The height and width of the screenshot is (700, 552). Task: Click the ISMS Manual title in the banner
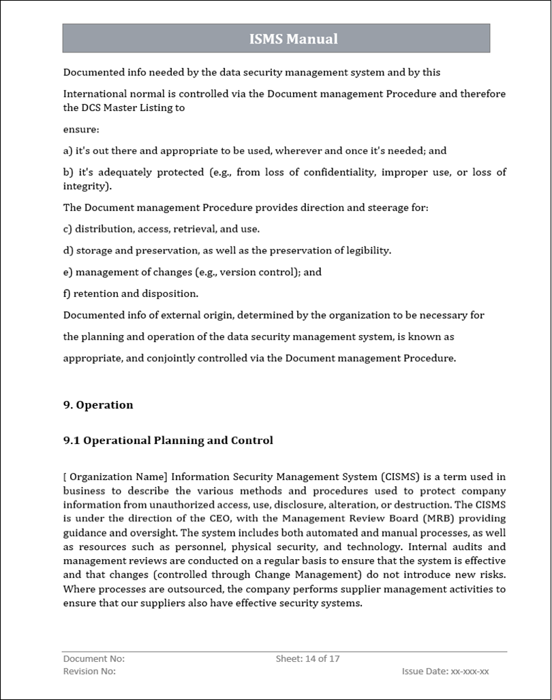(x=293, y=39)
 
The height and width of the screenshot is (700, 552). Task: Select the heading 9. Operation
(x=98, y=405)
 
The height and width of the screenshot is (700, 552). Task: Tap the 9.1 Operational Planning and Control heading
(x=168, y=441)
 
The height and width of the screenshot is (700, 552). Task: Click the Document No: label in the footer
(x=94, y=658)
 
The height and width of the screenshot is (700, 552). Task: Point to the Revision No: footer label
(x=89, y=671)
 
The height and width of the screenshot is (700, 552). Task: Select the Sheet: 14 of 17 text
(x=307, y=658)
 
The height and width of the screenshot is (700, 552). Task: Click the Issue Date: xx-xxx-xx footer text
(x=445, y=671)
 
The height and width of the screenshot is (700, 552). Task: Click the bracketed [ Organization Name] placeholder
(x=115, y=477)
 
